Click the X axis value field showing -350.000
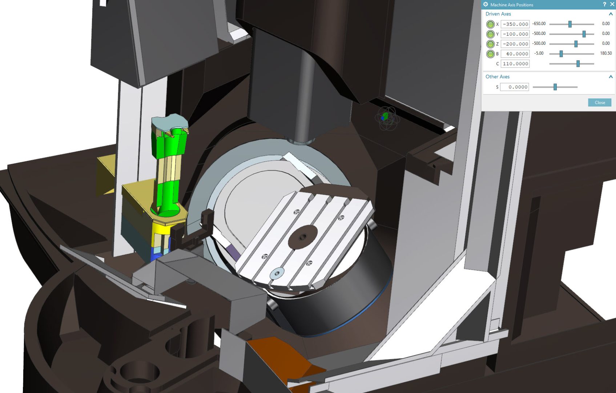click(515, 24)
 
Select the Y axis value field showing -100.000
click(515, 34)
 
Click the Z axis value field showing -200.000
click(515, 44)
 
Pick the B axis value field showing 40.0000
click(515, 54)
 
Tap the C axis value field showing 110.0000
click(515, 64)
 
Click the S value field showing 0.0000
click(515, 87)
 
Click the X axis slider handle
click(570, 24)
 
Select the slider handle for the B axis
click(561, 54)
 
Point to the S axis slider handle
click(555, 87)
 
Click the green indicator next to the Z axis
click(490, 44)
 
